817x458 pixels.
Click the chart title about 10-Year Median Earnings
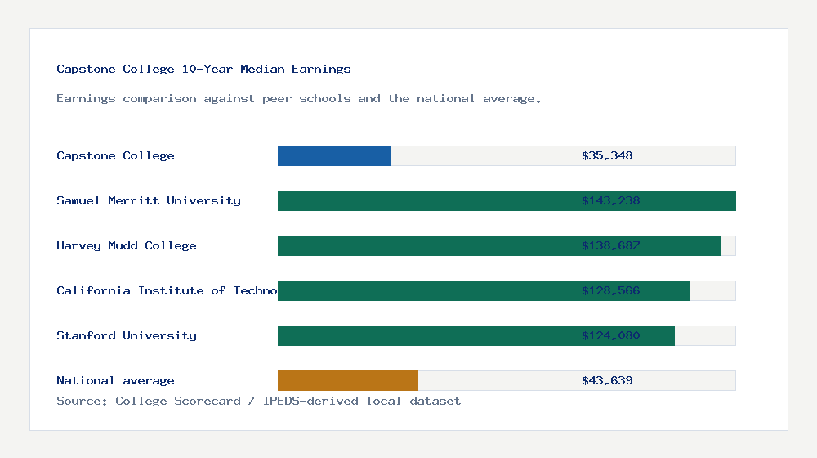pyautogui.click(x=203, y=70)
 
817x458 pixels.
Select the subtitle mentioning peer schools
pyautogui.click(x=298, y=99)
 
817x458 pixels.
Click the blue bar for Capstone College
pyautogui.click(x=334, y=156)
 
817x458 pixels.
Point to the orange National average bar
pyautogui.click(x=347, y=381)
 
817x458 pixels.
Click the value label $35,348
pyautogui.click(x=607, y=156)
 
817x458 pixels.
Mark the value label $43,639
pyautogui.click(x=607, y=381)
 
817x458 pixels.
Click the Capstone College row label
pyautogui.click(x=115, y=156)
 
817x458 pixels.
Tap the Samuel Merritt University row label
pyautogui.click(x=149, y=201)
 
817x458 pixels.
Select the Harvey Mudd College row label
pyautogui.click(x=127, y=246)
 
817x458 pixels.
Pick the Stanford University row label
pyautogui.click(x=127, y=336)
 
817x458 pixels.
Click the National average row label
pyautogui.click(x=115, y=381)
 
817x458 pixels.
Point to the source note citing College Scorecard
pyautogui.click(x=258, y=402)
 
